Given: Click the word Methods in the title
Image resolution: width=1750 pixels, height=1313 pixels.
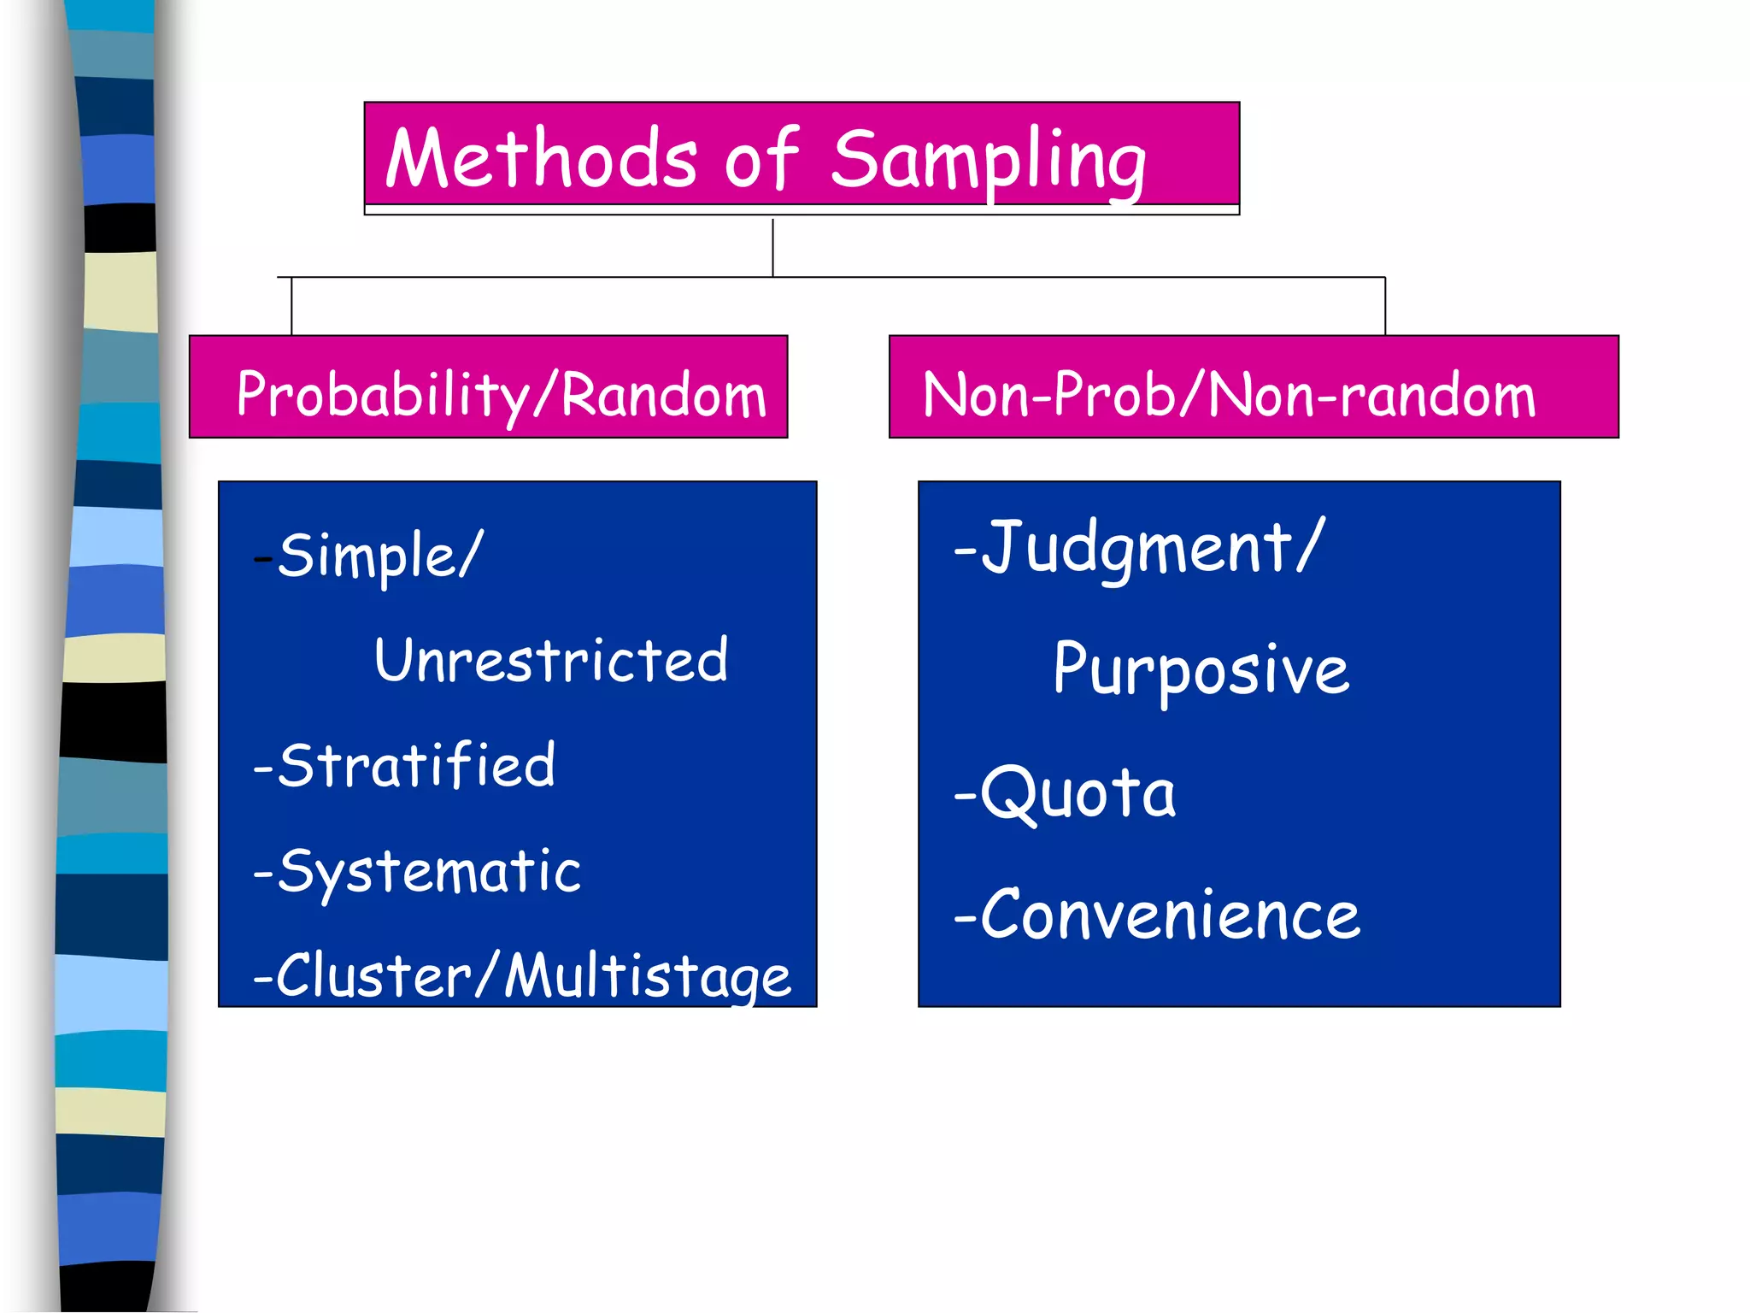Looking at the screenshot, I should [540, 160].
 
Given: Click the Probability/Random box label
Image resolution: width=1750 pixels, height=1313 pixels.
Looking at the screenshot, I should [501, 395].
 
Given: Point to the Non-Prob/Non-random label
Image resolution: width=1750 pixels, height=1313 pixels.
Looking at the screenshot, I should [1229, 395].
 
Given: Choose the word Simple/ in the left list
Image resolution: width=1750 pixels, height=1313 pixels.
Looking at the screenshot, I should [380, 556].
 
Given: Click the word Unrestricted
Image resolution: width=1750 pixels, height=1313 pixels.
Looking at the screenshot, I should [551, 661].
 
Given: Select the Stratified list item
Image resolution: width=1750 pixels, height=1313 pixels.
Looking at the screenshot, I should [416, 765].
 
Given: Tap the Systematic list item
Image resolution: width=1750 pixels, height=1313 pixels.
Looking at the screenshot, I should [428, 871].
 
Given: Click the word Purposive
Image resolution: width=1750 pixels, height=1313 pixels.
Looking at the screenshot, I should [1201, 669].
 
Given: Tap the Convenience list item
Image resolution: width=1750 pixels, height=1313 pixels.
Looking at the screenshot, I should [1169, 916].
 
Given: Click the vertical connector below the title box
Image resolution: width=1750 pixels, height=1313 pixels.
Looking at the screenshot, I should [772, 248].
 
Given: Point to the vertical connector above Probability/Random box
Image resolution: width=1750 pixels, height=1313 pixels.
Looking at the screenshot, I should [291, 306].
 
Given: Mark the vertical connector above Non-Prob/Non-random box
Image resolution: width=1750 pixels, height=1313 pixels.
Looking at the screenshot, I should [1384, 306].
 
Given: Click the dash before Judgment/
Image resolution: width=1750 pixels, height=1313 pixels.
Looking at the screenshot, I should [965, 552].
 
